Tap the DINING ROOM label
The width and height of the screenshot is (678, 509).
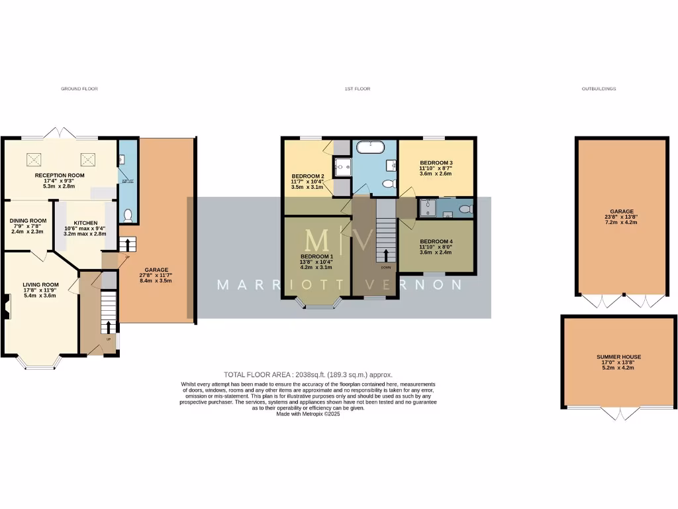coord(28,221)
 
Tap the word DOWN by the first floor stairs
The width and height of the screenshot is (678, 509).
coord(386,268)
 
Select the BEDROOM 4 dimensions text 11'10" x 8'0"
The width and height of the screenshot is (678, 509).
coord(436,247)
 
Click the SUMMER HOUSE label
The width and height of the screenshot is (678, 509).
coord(618,357)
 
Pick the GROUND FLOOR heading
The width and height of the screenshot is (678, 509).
coord(79,88)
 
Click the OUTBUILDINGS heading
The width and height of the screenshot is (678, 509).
coord(599,88)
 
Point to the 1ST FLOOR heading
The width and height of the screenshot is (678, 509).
coord(358,88)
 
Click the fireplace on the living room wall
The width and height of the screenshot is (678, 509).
coord(6,310)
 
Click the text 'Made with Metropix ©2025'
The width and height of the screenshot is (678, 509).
coord(308,414)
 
